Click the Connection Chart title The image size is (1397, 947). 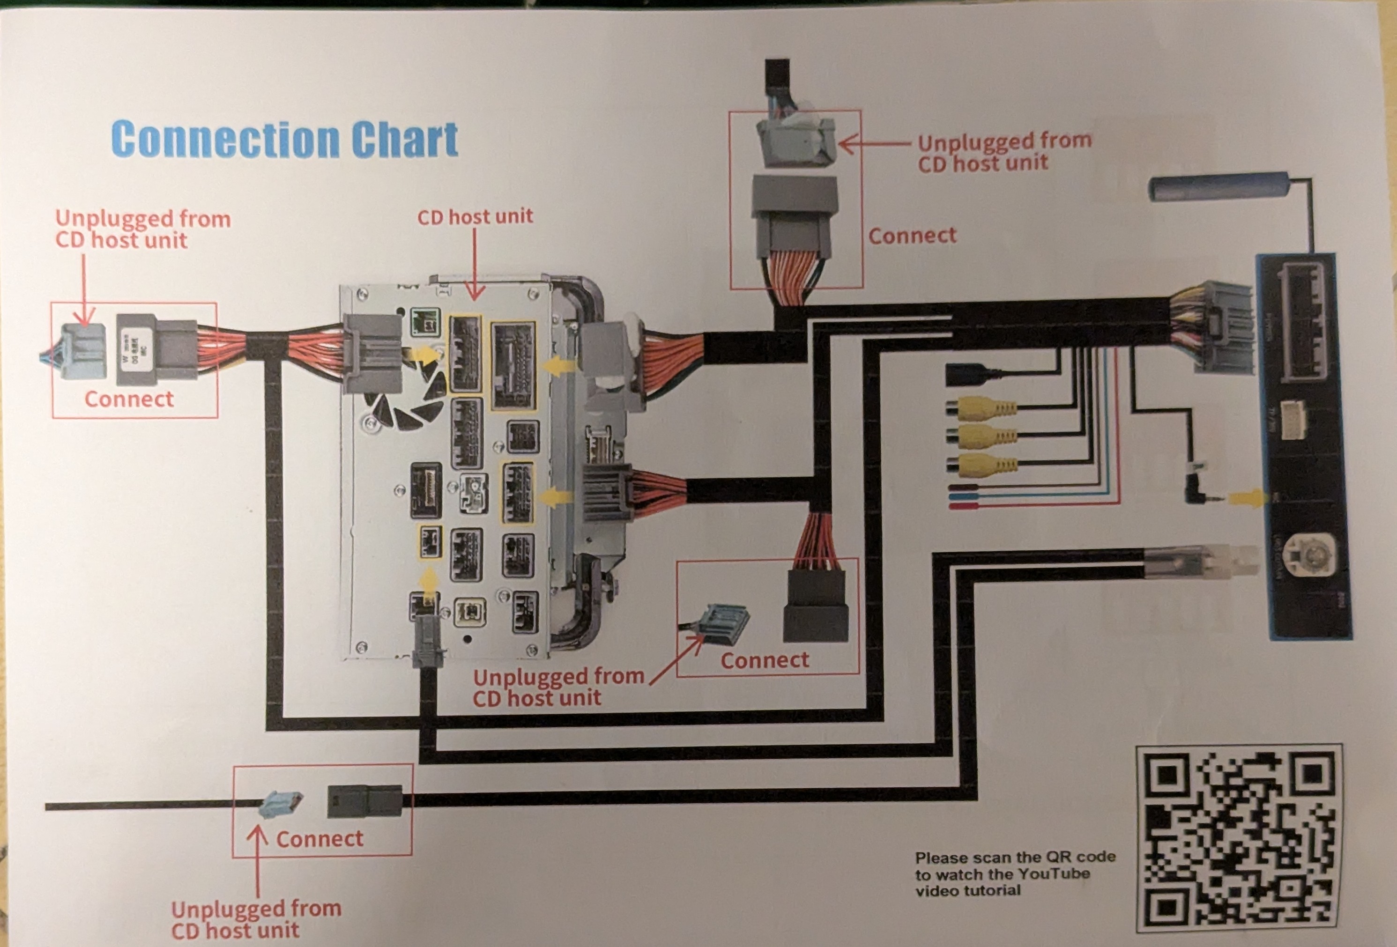[x=284, y=140]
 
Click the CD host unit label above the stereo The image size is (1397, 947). [x=475, y=216]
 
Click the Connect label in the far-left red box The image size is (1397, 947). [x=129, y=399]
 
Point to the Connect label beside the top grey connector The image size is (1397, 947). [x=912, y=236]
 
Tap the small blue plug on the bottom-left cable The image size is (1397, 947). [x=281, y=803]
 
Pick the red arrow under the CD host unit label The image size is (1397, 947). [x=475, y=265]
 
